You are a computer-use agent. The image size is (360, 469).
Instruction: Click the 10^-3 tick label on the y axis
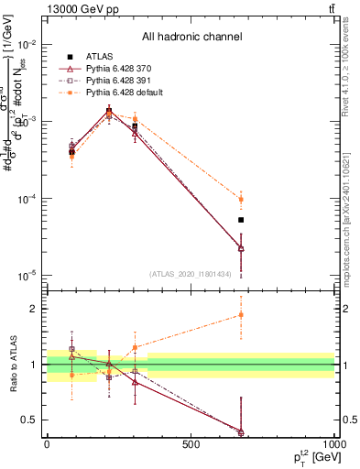[27, 121]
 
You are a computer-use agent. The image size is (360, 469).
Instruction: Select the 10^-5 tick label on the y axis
[27, 275]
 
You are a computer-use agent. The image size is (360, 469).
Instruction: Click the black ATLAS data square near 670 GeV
[241, 220]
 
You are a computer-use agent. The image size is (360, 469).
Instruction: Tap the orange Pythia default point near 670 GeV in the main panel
[241, 199]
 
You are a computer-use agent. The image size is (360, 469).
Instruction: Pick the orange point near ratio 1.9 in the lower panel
[241, 314]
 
